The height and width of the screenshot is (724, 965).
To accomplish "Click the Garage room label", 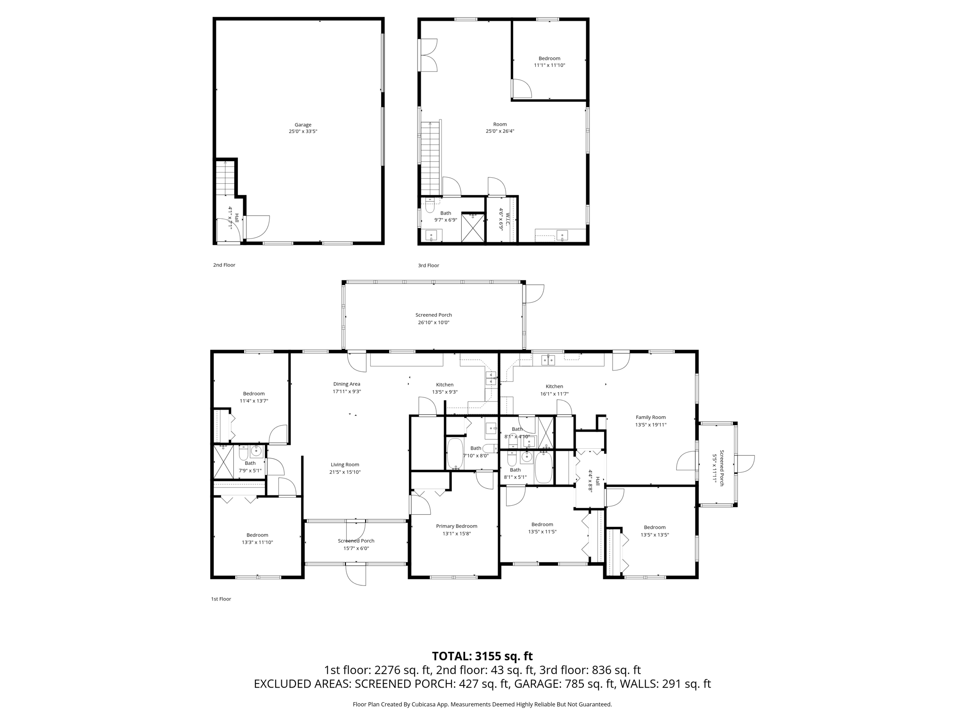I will pyautogui.click(x=303, y=128).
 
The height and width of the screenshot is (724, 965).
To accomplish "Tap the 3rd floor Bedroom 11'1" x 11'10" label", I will pyautogui.click(x=549, y=62).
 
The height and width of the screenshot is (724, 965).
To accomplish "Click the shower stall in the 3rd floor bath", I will pyautogui.click(x=473, y=228).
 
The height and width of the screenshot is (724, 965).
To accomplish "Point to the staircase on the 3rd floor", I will pyautogui.click(x=430, y=158).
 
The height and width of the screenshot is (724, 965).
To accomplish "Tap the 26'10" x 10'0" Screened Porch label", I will pyautogui.click(x=433, y=319).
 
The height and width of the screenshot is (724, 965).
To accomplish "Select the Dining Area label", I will pyautogui.click(x=347, y=387).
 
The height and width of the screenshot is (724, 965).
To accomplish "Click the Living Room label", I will pyautogui.click(x=345, y=468).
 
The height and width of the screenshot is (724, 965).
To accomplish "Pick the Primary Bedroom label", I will pyautogui.click(x=457, y=530).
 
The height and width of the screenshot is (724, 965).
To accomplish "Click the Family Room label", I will pyautogui.click(x=651, y=421).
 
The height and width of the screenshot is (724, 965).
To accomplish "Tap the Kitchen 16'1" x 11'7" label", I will pyautogui.click(x=554, y=390).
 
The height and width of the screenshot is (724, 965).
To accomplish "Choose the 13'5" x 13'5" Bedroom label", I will pyautogui.click(x=654, y=531).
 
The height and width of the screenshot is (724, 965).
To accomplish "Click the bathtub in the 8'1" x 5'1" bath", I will pyautogui.click(x=543, y=468).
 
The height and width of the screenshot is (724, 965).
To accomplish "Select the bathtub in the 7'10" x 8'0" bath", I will pyautogui.click(x=455, y=453).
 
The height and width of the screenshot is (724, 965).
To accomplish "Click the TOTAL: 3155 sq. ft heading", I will pyautogui.click(x=482, y=656).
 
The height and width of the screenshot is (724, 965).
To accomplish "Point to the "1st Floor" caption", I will pyautogui.click(x=221, y=599).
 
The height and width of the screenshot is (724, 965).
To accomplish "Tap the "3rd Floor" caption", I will pyautogui.click(x=428, y=265).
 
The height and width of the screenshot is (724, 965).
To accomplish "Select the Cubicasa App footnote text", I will pyautogui.click(x=482, y=705).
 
